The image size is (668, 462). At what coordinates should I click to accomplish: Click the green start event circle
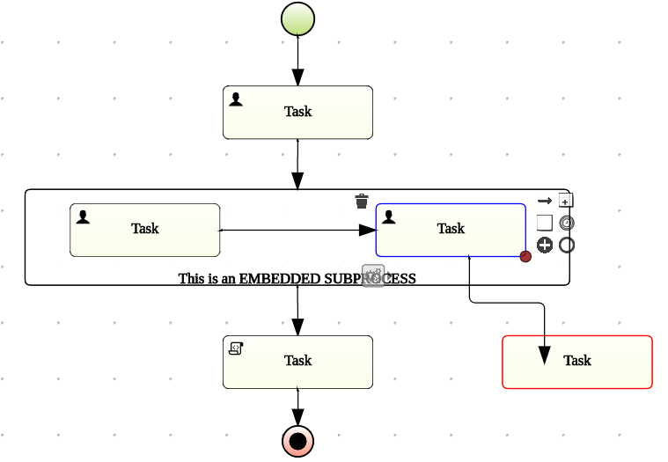(297, 18)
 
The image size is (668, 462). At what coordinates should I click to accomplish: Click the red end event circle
(297, 440)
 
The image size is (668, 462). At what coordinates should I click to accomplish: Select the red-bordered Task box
(576, 361)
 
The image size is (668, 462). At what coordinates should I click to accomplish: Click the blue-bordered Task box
(451, 229)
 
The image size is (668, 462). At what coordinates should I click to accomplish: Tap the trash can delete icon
(362, 202)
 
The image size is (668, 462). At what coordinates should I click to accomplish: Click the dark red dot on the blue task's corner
(525, 257)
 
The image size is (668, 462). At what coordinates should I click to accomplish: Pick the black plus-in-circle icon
(545, 245)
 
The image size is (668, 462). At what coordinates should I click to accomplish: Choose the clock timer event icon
(567, 223)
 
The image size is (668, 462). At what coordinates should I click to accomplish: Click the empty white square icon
(545, 223)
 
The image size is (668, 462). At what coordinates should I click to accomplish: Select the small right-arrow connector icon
(545, 201)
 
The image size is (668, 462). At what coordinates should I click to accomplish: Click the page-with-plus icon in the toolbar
(566, 201)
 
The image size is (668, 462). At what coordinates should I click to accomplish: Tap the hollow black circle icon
(567, 245)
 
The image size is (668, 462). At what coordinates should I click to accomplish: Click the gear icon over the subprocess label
(373, 275)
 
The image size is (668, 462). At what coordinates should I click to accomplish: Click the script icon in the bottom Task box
(236, 348)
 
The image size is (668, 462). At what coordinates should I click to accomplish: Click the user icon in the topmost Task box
(236, 99)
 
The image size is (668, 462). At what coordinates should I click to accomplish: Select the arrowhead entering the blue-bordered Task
(367, 231)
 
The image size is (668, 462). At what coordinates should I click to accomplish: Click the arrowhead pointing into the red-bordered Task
(545, 357)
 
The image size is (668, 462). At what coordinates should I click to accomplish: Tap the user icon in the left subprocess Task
(83, 216)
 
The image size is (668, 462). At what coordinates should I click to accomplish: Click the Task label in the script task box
(297, 361)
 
